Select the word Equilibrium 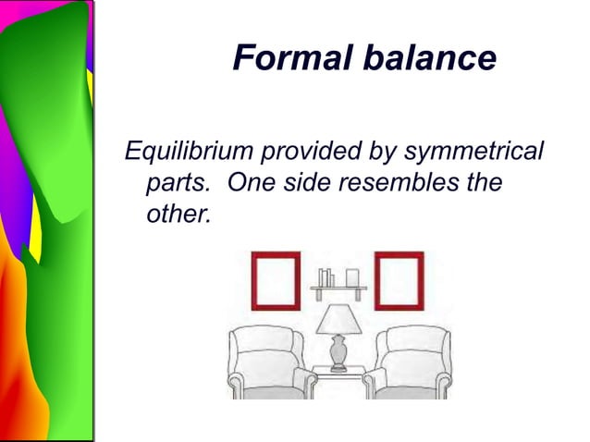(x=189, y=150)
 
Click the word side (x=303, y=182)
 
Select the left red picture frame (x=276, y=280)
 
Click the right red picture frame (x=399, y=280)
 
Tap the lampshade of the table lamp (x=338, y=320)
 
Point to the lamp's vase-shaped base (x=338, y=351)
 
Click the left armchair (x=268, y=363)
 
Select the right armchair (x=411, y=363)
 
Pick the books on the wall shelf (x=325, y=277)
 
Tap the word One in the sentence (x=249, y=182)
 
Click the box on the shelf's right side (x=352, y=277)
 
